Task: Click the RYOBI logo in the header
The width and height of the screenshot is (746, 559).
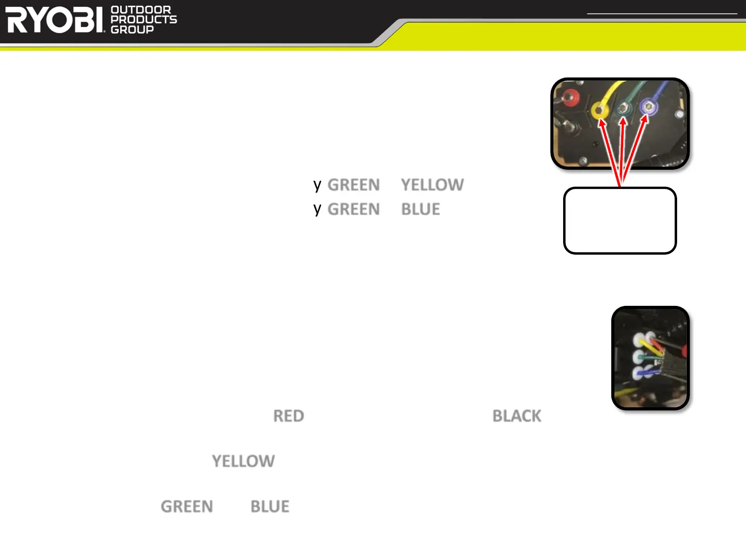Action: tap(55, 20)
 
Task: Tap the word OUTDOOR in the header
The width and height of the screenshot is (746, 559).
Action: tap(140, 10)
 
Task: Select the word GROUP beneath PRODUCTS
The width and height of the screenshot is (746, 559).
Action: tap(132, 30)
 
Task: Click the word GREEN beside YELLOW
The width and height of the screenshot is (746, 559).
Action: tap(353, 185)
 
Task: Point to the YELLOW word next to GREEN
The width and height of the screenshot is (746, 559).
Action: tap(432, 185)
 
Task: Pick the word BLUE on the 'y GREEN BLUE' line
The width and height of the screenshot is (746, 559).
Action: tap(420, 209)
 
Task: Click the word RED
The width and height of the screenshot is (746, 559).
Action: tap(289, 416)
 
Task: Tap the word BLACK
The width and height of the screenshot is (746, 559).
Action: tap(517, 416)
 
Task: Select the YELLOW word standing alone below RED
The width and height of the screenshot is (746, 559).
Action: tap(243, 461)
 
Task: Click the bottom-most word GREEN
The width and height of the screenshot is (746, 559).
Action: tap(187, 506)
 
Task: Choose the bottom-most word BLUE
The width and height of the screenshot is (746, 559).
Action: tap(269, 506)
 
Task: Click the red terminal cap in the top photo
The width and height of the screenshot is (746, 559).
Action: tap(570, 97)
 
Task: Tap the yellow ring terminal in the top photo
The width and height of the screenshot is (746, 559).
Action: tap(599, 110)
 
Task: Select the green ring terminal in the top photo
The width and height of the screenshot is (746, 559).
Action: tap(623, 109)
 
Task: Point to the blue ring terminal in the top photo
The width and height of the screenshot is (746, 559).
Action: tap(648, 107)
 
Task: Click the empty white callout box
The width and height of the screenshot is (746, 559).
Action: tap(620, 220)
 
